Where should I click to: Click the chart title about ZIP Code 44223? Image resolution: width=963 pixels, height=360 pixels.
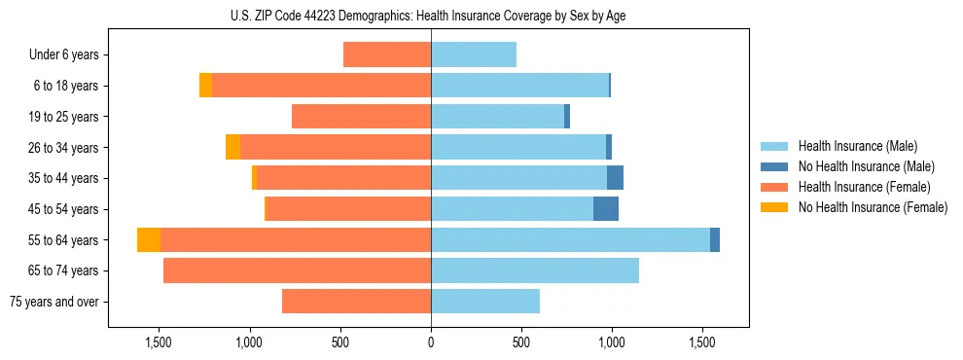pos(431,16)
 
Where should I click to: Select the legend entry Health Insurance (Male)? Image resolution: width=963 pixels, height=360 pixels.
pos(857,146)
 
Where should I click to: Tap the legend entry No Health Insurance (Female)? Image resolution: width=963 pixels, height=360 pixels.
pos(873,207)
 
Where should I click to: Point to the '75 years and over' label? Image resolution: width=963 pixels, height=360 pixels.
pos(54,302)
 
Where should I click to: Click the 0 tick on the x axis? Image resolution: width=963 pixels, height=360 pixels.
pos(431,342)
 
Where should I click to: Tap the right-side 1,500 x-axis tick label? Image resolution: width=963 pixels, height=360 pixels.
pos(702,342)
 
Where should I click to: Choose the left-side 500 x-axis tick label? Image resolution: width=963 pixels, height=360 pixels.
pos(340,342)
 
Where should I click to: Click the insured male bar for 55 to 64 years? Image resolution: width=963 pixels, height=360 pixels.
pos(570,239)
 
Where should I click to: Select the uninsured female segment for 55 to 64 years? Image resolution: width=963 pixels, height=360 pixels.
pos(149,239)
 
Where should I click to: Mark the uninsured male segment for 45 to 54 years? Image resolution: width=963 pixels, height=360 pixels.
pos(606,209)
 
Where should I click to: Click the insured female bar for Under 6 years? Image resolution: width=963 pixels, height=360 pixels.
pos(387,55)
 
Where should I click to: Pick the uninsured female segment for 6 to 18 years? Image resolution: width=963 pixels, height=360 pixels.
pos(205,86)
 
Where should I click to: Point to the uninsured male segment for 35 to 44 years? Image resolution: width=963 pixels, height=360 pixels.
pos(615,178)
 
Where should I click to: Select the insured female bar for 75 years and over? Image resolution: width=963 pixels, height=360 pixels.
pos(356,302)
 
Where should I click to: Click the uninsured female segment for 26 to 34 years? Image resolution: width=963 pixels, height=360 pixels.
pos(232,147)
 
